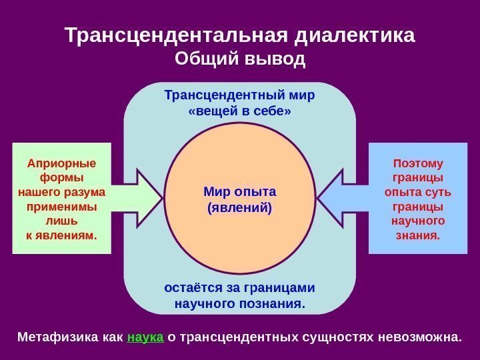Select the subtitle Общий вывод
(239, 60)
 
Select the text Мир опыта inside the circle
(239, 192)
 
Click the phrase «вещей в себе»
(239, 111)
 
